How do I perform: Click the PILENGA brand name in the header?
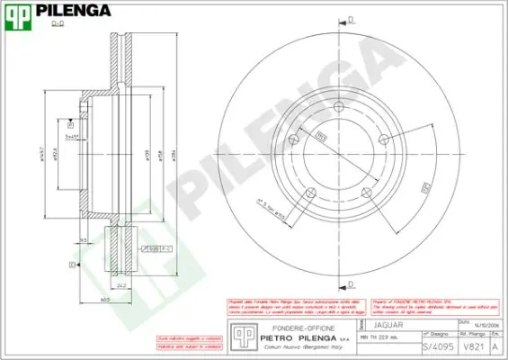tap(72, 12)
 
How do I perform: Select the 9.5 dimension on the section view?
tap(83, 240)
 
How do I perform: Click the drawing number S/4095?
tap(434, 346)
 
